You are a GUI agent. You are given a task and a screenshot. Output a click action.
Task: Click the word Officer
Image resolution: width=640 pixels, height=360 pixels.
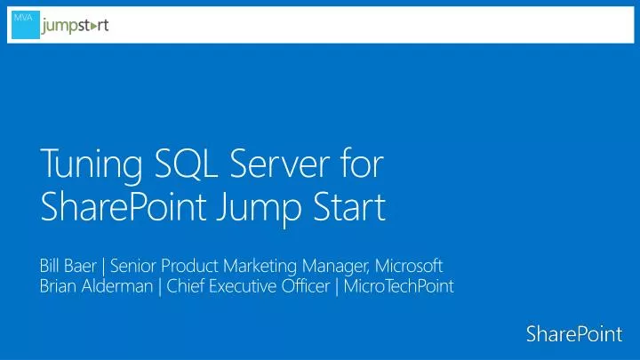pos(301,285)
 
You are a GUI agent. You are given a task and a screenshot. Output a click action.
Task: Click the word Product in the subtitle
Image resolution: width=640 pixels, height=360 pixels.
pos(187,265)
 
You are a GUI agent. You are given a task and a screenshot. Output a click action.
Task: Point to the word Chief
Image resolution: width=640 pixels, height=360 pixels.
pos(186,285)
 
